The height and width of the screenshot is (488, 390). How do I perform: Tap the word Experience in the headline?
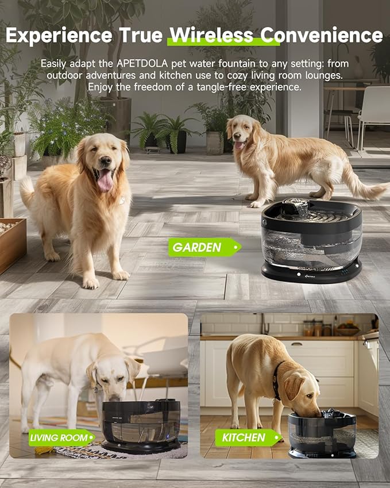pyautogui.click(x=57, y=35)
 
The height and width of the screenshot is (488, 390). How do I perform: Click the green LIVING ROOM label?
pyautogui.click(x=61, y=437)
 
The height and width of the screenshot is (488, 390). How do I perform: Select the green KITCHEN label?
pyautogui.click(x=245, y=437)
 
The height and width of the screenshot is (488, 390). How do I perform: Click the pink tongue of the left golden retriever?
pyautogui.click(x=106, y=180)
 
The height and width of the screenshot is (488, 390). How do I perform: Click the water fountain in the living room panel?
pyautogui.click(x=141, y=426)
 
